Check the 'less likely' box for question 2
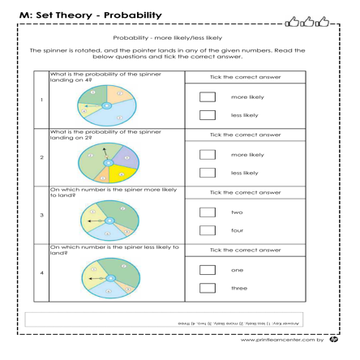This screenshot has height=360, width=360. (x=208, y=173)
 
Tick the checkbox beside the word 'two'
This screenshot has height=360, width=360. (x=208, y=212)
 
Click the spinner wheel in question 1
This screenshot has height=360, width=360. (x=108, y=105)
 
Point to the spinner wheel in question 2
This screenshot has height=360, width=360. (x=108, y=161)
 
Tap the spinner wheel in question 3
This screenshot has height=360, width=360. (x=108, y=221)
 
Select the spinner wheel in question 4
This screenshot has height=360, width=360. (x=108, y=278)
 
